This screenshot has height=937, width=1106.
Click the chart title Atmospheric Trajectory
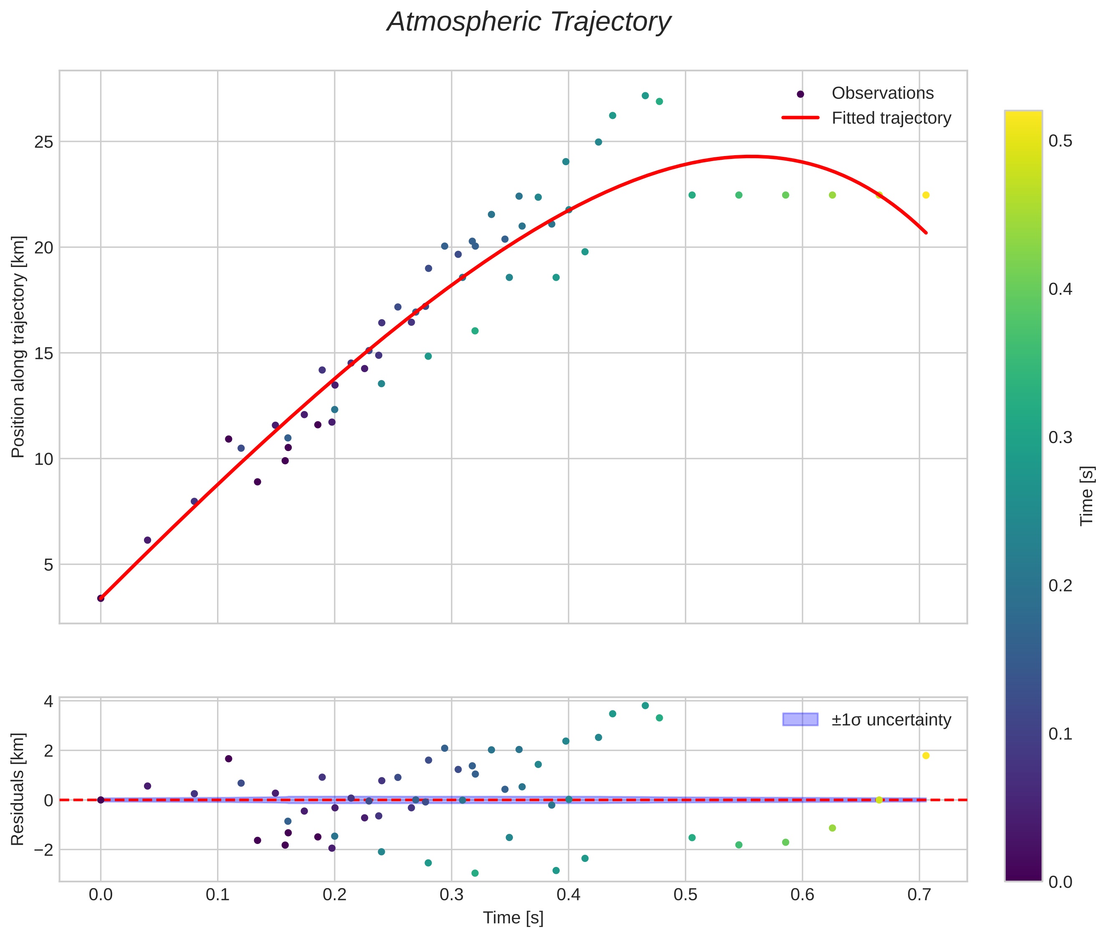(x=528, y=22)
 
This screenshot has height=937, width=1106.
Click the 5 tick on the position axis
(x=48, y=564)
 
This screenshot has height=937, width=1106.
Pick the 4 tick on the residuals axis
(x=48, y=702)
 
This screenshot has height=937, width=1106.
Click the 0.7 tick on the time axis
(x=919, y=895)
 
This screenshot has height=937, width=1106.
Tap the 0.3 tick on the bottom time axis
(x=451, y=895)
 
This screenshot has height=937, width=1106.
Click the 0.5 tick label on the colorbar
(x=1060, y=141)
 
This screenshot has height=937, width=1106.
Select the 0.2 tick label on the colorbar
(x=1060, y=586)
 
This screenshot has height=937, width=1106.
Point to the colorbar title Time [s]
(x=1087, y=496)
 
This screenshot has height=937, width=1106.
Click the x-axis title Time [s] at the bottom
(x=513, y=918)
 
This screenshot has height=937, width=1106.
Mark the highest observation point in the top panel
(x=645, y=96)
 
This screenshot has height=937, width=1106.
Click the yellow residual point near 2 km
(x=925, y=756)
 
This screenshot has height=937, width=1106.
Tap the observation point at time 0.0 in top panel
(x=101, y=598)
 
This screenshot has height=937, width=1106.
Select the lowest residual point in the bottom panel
(x=475, y=873)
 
